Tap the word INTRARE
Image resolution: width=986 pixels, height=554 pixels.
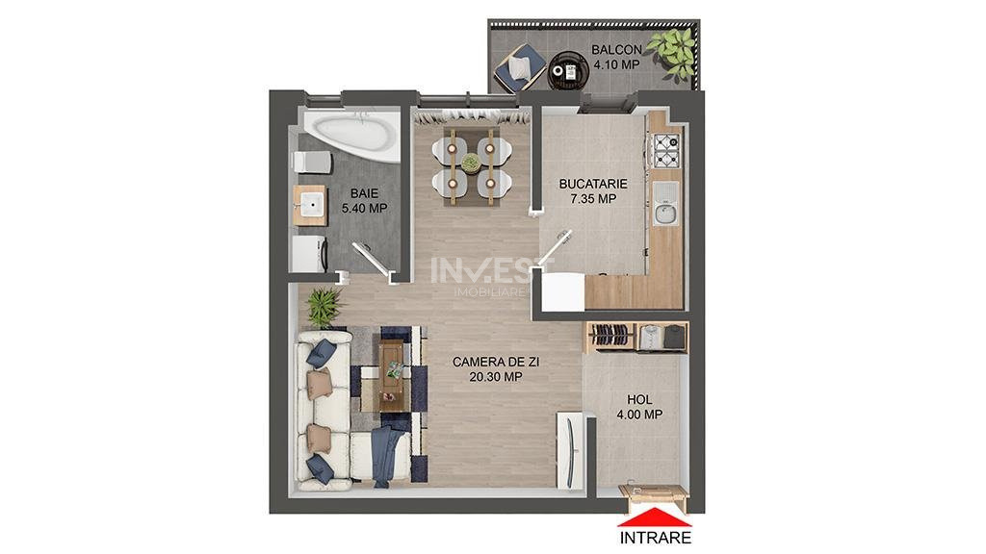(x=655, y=538)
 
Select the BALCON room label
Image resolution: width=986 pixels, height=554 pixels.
(x=617, y=49)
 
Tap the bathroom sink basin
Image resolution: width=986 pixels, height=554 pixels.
(x=311, y=205)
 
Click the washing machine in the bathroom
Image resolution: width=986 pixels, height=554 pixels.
(x=309, y=254)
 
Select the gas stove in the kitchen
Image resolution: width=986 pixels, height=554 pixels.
(x=667, y=151)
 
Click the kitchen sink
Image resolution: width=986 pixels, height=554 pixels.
(x=664, y=204)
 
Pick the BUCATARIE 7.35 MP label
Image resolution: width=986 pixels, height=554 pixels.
(x=593, y=191)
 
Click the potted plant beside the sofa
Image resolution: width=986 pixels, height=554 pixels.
(x=325, y=307)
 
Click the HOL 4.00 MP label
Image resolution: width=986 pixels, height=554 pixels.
(x=639, y=407)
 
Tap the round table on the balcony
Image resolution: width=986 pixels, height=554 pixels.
(x=569, y=71)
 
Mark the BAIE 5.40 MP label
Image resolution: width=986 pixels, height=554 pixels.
(x=365, y=201)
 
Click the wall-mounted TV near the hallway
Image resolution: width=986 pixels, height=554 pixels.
(x=571, y=450)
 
